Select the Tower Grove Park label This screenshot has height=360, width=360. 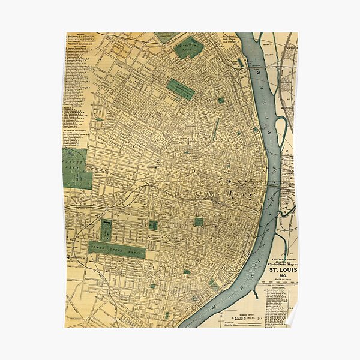(116, 248)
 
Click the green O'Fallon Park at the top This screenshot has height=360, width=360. (189, 47)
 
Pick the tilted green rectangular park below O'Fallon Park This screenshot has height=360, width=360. (181, 89)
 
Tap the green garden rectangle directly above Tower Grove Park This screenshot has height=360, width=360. (106, 230)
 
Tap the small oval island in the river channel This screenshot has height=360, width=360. (241, 62)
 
